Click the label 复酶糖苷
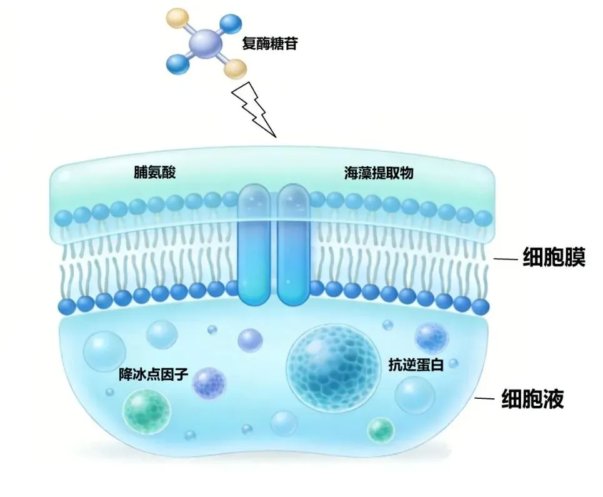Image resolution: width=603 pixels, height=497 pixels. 270,44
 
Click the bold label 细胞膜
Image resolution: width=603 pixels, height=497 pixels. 554,258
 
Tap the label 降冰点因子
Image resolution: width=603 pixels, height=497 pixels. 153,375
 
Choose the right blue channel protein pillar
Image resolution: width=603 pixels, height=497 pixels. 294,244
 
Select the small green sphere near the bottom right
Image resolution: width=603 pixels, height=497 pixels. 381,429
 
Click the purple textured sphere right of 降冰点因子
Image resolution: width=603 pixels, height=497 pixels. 209,383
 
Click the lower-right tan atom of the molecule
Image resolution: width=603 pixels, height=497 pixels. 235,69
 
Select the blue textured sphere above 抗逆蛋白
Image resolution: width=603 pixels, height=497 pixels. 431,338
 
